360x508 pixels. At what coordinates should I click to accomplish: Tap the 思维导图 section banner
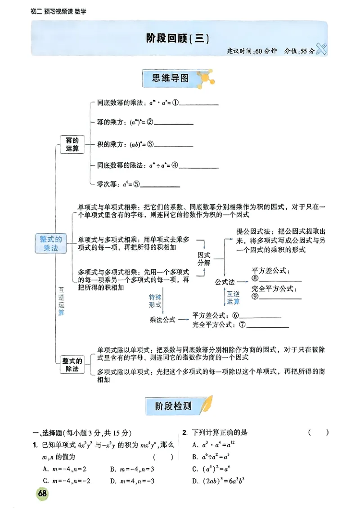pos(171,79)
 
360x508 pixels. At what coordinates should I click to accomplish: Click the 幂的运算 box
pos(72,144)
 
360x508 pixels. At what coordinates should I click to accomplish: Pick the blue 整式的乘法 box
pos(51,243)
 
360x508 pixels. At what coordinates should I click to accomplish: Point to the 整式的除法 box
pos(72,365)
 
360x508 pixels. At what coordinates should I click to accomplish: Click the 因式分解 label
pos(204,258)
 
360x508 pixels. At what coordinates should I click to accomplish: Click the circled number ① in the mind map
pos(175,103)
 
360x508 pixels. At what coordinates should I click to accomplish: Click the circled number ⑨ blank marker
pos(255,296)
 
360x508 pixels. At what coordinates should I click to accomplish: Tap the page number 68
pos(43,493)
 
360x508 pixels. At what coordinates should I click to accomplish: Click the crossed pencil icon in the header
pos(321,49)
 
